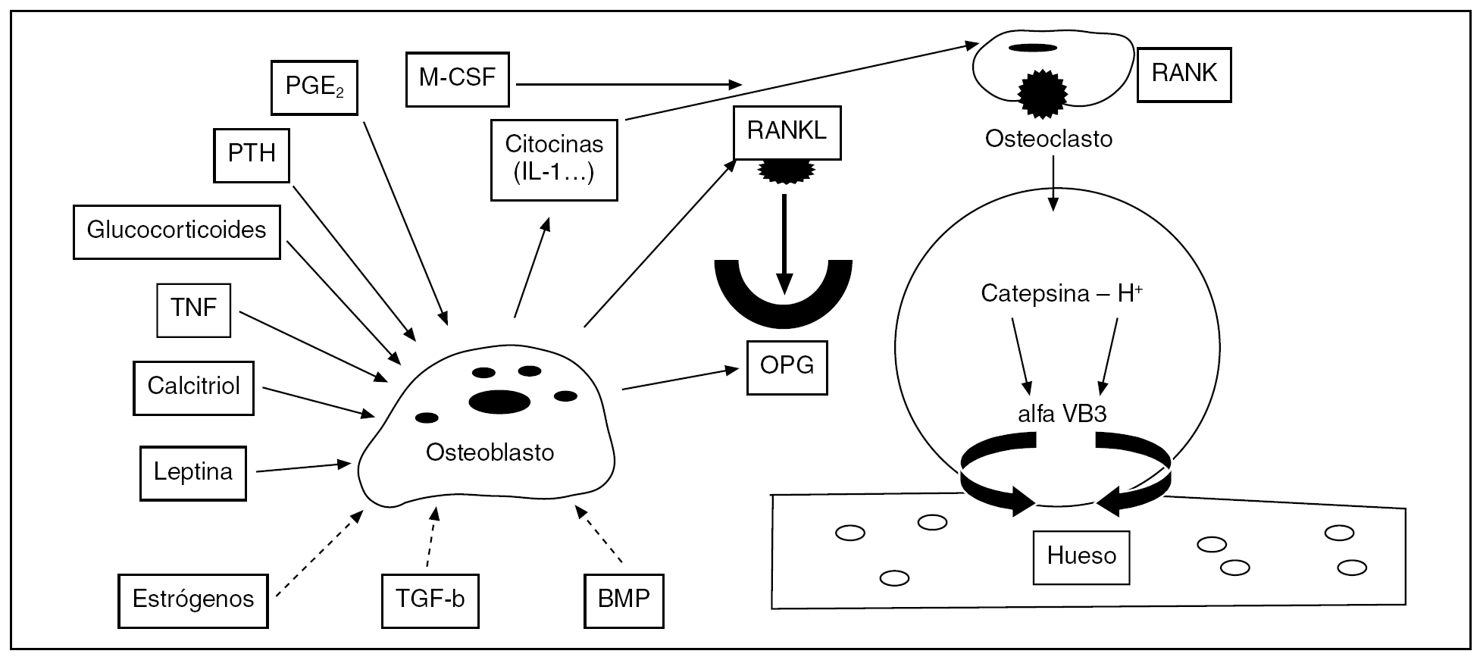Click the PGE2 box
pos(314,87)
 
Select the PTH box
pos(252,155)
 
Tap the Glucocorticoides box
pos(177,231)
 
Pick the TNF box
pos(193,309)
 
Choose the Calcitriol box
pos(193,387)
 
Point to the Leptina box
pos(193,473)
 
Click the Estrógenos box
pos(193,600)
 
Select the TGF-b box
pos(430,600)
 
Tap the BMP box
pos(624,600)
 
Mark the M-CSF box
pos(457,79)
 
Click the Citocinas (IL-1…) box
pos(554,159)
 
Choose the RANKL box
pos(787,132)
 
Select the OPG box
pos(787,368)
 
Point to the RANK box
pos(1184,74)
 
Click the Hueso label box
pos(1081,557)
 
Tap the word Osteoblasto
pos(490,453)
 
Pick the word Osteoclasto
pos(1048,139)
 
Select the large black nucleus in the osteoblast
pos(499,401)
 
